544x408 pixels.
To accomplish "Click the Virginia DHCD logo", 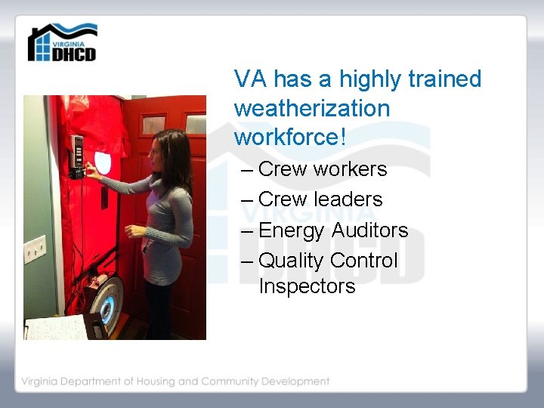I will (62, 43).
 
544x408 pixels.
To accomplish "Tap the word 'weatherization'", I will (311, 108).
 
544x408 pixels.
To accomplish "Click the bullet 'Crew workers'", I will (322, 169).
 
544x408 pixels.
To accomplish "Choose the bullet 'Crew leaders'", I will (320, 199).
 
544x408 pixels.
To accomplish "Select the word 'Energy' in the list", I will (292, 230).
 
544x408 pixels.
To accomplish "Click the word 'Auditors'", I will (369, 230).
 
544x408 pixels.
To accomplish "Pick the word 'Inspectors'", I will (307, 287).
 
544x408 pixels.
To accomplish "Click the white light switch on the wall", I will (34, 247).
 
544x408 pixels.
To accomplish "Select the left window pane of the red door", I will (154, 124).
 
